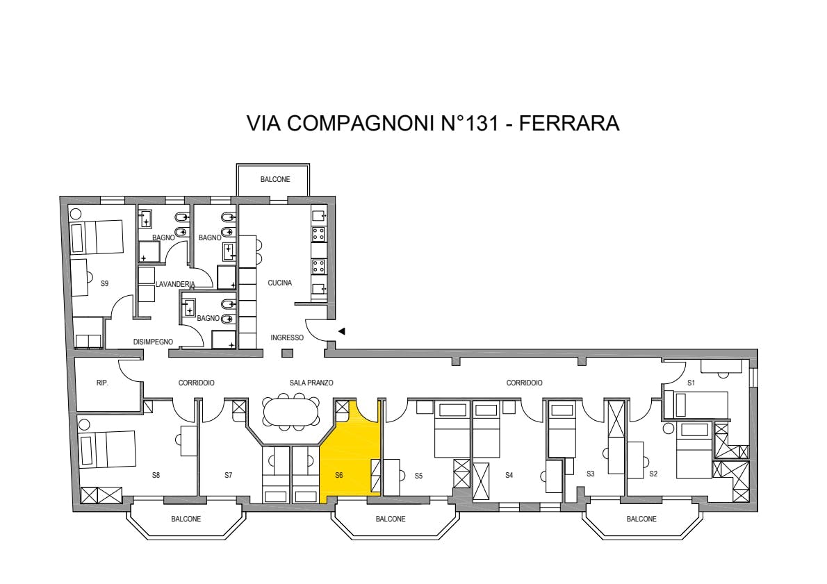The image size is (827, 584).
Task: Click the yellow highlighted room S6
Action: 351,453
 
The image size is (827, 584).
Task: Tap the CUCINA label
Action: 279,283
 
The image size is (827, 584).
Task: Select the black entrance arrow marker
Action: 342,331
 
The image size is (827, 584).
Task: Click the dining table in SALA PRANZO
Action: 290,410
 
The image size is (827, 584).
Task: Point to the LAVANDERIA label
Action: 175,284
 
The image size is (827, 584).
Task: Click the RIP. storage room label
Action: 102,383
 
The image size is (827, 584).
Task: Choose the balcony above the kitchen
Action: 272,180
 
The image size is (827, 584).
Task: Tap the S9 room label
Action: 104,283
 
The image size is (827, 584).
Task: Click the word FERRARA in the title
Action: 569,123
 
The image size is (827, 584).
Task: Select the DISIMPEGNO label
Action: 153,342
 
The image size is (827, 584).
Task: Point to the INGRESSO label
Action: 287,337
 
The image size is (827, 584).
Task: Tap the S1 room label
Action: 691,383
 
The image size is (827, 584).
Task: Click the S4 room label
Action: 509,475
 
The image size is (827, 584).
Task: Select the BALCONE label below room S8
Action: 186,519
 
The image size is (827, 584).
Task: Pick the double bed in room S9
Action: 97,237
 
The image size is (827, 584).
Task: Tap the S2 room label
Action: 653,474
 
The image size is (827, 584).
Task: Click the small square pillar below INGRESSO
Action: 287,353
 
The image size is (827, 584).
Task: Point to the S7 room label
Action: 229,475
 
